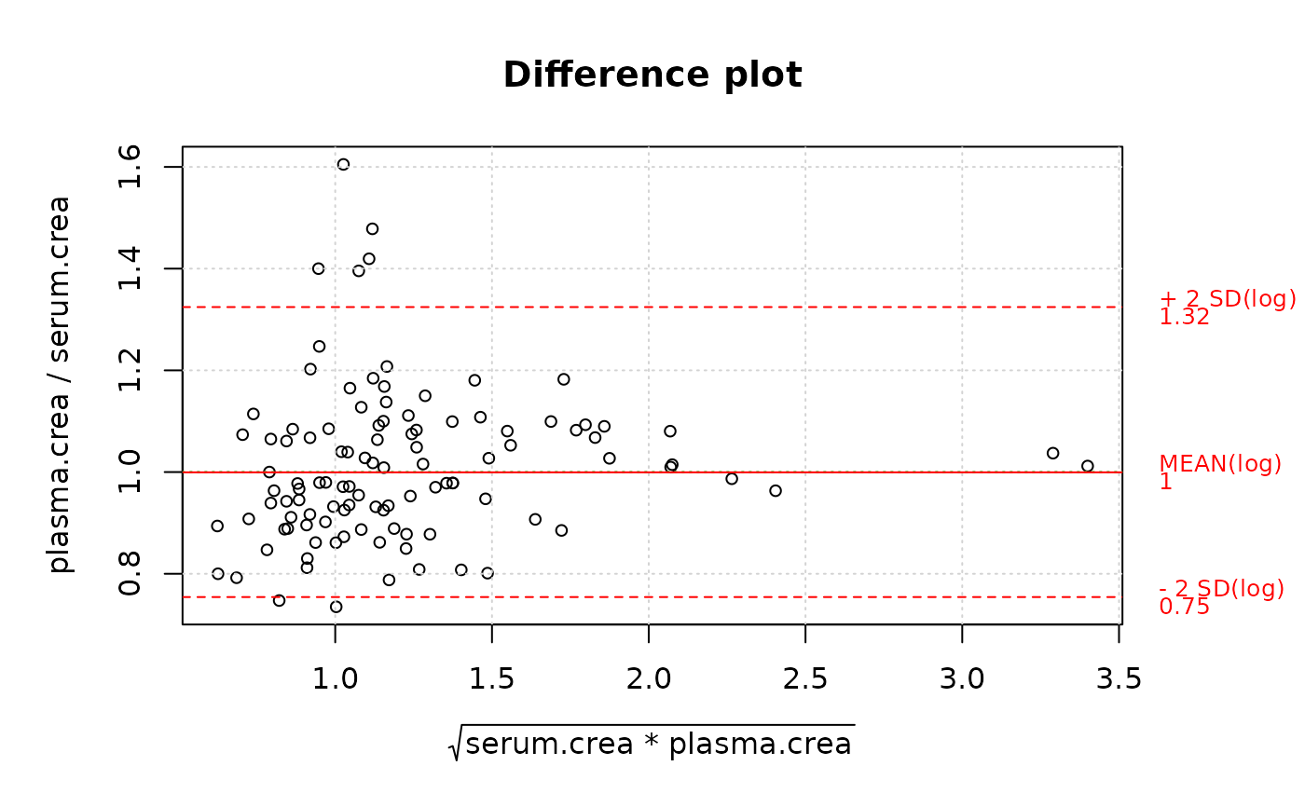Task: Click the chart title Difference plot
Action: [652, 75]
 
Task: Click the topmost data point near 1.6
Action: [343, 165]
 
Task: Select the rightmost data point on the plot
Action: [1087, 466]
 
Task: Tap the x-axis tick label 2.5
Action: [804, 680]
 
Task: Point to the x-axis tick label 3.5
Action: [1119, 680]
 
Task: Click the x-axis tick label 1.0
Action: [336, 680]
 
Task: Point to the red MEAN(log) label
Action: [1219, 464]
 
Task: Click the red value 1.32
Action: [1184, 318]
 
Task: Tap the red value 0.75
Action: [1184, 608]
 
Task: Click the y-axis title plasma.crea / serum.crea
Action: [60, 384]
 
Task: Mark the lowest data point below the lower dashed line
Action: [337, 607]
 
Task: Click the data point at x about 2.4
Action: [775, 490]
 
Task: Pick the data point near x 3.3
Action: [1052, 453]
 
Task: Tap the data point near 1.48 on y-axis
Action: [372, 228]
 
